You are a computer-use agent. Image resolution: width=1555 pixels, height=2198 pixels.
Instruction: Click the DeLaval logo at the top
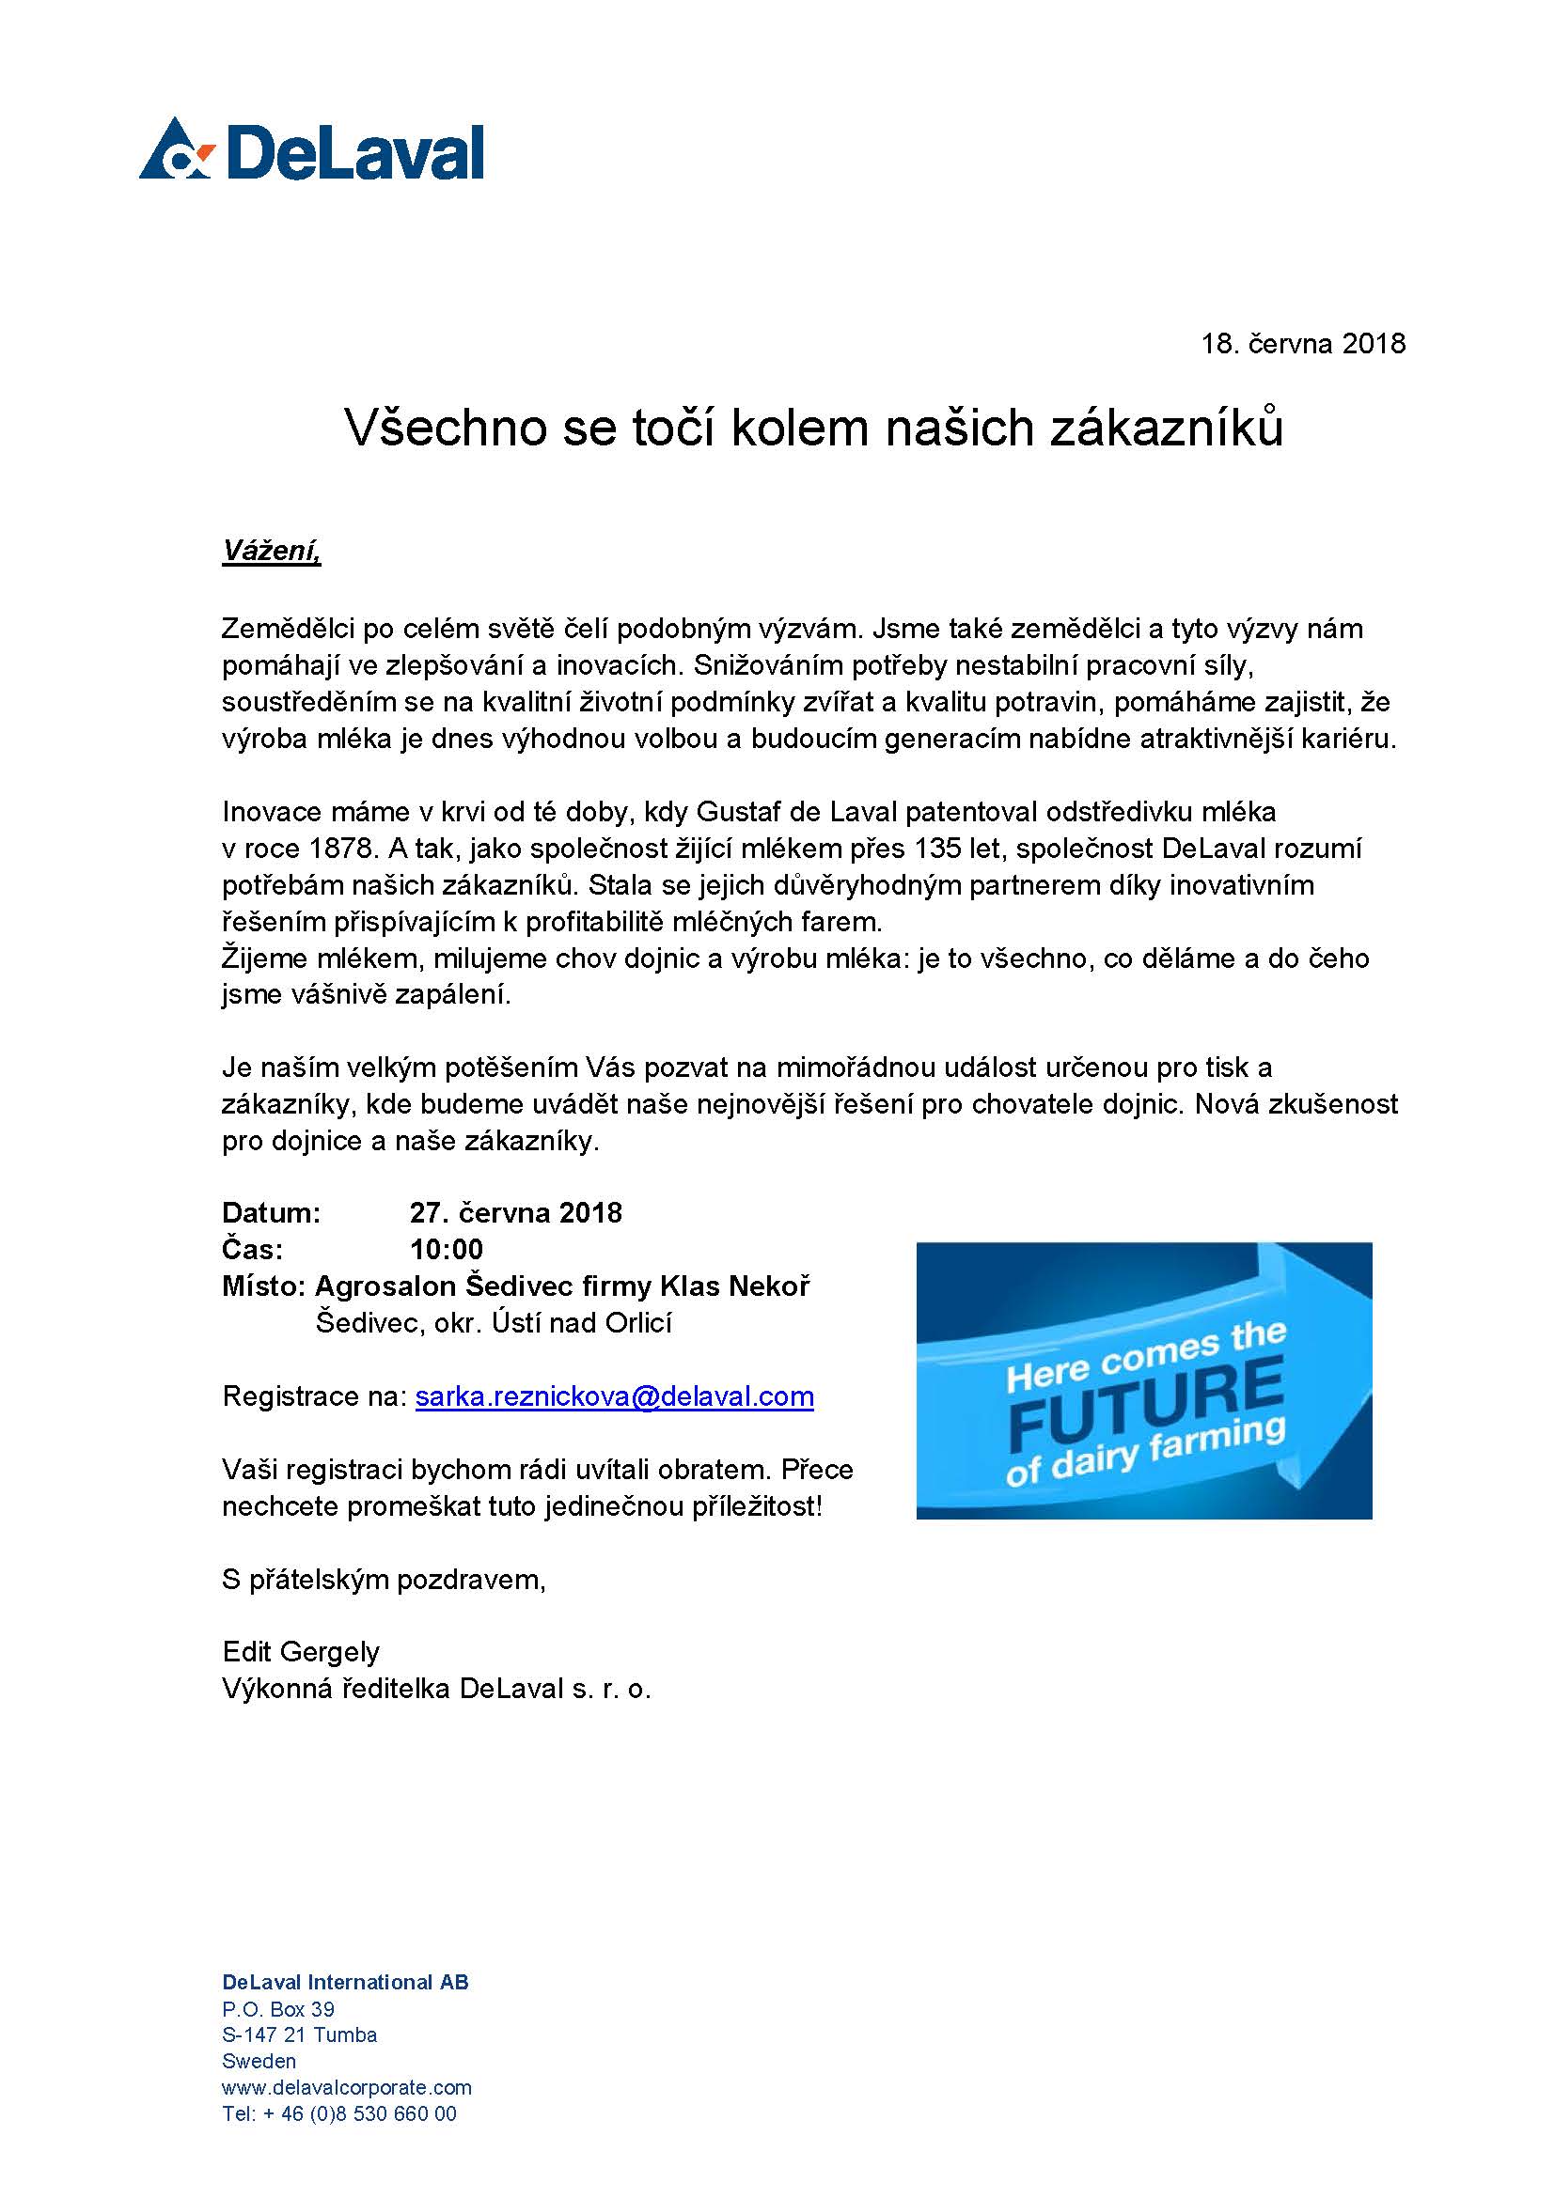tap(311, 150)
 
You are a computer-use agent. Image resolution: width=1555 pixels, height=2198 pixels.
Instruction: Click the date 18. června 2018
tap(1303, 344)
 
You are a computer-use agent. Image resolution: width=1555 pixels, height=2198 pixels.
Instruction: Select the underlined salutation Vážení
tap(271, 552)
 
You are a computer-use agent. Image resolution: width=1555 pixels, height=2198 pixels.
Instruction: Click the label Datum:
tap(271, 1213)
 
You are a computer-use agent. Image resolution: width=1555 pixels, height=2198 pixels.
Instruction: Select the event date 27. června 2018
tap(516, 1213)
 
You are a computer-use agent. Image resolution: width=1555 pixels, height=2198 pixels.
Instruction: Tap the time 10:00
tap(447, 1249)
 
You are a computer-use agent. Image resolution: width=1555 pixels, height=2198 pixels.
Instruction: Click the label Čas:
tap(252, 1249)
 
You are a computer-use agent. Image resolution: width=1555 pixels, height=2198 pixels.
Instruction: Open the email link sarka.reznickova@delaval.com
tap(615, 1396)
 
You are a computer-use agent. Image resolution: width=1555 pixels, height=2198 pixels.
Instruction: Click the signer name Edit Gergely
tap(301, 1651)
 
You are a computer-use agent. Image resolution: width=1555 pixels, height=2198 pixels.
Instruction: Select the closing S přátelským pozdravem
tap(384, 1579)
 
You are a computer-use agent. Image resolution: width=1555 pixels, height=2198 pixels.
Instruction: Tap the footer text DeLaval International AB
tap(346, 1983)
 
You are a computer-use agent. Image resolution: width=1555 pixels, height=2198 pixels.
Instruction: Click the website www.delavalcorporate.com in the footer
tap(347, 2087)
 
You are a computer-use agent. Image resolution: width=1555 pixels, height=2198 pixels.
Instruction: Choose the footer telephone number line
tap(339, 2113)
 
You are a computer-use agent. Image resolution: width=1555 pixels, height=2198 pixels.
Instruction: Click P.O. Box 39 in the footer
tap(278, 2009)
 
